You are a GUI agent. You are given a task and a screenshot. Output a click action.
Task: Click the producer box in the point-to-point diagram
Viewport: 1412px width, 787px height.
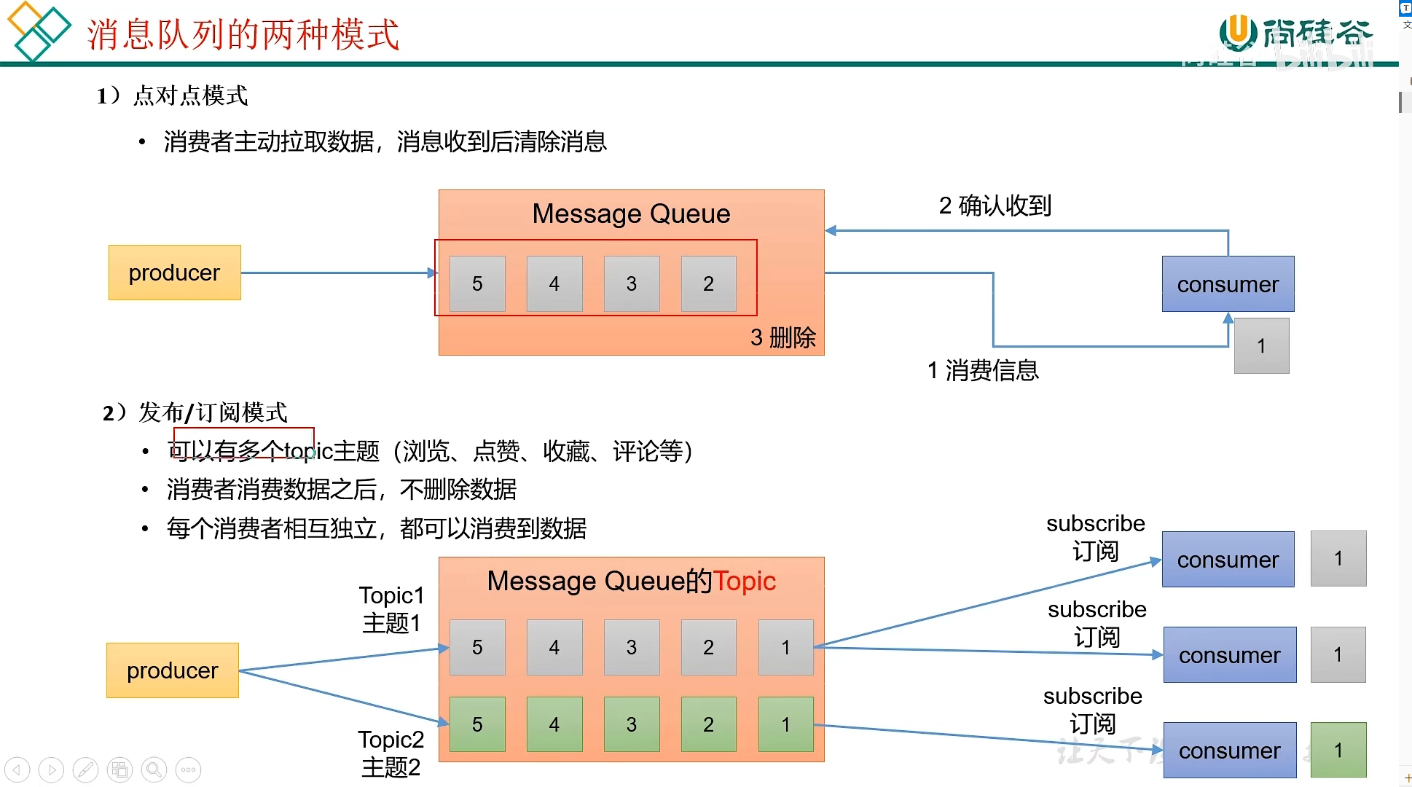point(174,273)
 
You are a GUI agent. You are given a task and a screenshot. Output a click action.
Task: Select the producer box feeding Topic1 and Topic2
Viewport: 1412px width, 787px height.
point(173,670)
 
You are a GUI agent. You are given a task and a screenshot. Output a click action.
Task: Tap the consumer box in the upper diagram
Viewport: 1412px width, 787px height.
point(1228,284)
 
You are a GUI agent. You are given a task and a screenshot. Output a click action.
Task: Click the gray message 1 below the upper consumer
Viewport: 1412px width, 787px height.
point(1261,345)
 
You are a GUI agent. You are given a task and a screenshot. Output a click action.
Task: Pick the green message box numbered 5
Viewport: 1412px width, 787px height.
point(477,724)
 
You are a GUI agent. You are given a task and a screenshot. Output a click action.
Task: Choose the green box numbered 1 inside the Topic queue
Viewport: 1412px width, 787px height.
point(785,724)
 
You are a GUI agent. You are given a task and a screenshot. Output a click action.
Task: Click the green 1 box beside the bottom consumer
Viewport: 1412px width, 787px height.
point(1338,750)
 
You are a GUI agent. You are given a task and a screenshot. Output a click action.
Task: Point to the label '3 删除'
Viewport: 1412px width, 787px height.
point(783,337)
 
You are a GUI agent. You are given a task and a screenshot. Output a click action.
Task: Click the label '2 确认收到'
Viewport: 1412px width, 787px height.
point(995,206)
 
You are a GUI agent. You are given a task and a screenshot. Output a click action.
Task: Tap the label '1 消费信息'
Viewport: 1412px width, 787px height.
point(983,371)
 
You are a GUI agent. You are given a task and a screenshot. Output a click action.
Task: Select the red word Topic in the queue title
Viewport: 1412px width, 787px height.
point(744,581)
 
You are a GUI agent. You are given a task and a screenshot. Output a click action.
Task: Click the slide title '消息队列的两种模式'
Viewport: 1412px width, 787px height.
point(243,34)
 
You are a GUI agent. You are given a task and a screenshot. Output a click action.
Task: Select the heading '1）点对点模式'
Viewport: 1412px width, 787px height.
point(173,95)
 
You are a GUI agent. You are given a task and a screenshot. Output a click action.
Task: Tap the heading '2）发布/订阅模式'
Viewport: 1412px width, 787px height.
point(195,412)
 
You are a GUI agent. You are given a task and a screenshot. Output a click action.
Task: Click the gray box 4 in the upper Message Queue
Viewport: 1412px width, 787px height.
point(554,283)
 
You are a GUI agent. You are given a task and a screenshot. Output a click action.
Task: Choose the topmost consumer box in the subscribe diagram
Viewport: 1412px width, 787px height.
point(1228,559)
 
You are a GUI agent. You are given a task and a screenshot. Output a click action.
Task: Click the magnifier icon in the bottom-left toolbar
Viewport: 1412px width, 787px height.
point(154,770)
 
